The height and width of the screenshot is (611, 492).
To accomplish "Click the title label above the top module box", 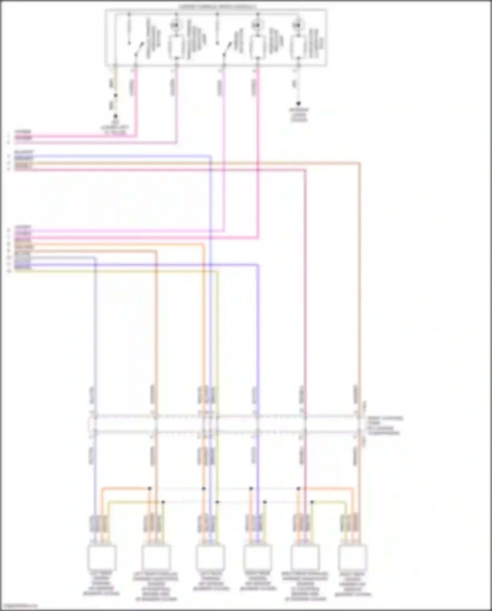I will click(x=217, y=7).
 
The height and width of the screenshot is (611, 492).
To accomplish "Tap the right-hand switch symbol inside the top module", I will click(x=227, y=49).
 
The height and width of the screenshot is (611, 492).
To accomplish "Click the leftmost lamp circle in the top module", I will click(x=176, y=25).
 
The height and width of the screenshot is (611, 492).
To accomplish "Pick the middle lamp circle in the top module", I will click(x=257, y=25).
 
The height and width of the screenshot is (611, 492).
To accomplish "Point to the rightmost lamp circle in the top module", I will click(x=298, y=25).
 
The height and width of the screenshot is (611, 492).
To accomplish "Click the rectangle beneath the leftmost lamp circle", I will click(x=176, y=46).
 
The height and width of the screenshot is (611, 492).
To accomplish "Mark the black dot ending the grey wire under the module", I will click(x=298, y=104).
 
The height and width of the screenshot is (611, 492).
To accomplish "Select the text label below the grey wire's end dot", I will click(x=299, y=115).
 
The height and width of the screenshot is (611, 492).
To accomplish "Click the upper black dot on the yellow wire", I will click(x=115, y=96).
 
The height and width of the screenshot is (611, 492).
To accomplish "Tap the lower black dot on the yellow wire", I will click(x=115, y=117).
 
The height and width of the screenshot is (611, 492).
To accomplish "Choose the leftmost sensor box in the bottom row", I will click(x=102, y=557).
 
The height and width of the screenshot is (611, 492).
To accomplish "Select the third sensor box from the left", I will click(x=210, y=557).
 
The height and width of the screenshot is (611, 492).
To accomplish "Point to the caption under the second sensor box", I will click(x=156, y=586).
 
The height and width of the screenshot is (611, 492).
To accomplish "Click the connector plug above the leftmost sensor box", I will click(x=99, y=523).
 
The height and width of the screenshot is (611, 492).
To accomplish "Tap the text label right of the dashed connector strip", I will click(x=384, y=426).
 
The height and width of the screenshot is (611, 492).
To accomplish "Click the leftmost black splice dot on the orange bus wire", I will click(x=150, y=489).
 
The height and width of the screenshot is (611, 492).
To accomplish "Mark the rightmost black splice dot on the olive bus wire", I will click(x=312, y=502).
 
